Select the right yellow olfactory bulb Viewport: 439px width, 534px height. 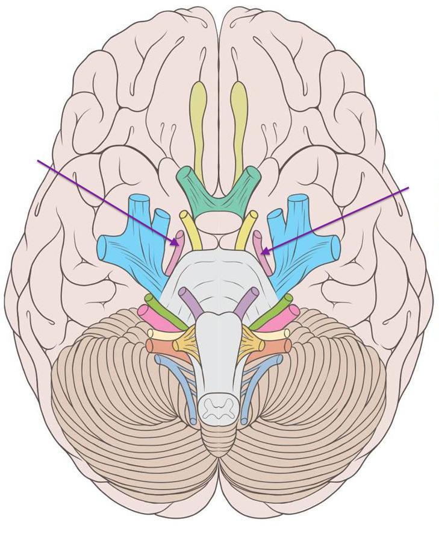238,115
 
